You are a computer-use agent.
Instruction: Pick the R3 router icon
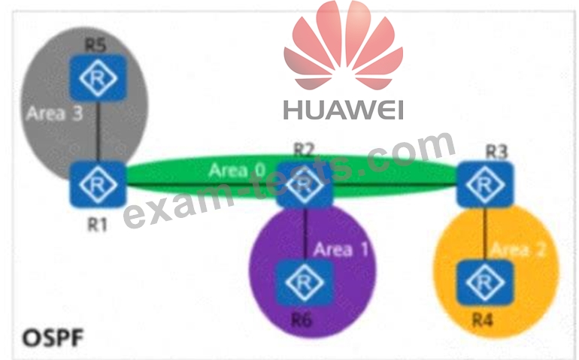[x=486, y=183]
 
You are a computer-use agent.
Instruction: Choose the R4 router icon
[x=486, y=283]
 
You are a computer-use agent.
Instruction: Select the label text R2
[x=303, y=149]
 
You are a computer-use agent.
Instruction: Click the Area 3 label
[x=53, y=114]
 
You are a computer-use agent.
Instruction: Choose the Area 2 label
[x=518, y=250]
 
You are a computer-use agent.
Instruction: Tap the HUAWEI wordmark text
[x=343, y=110]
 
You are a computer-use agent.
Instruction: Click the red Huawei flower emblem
[x=343, y=45]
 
